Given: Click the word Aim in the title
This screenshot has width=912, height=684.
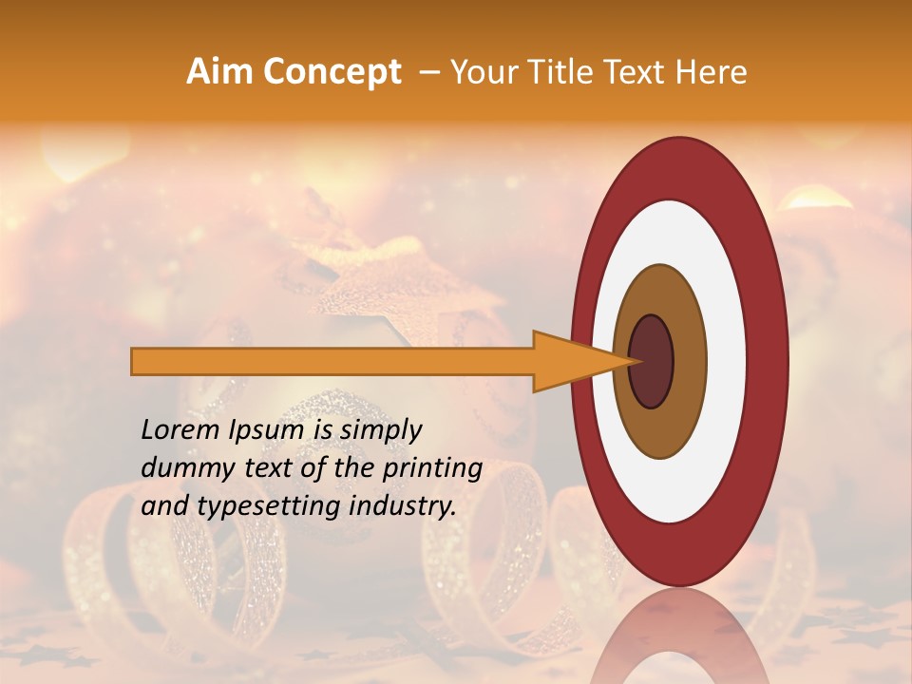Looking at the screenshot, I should click(x=220, y=72).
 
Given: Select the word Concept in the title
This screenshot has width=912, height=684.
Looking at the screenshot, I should click(x=332, y=72).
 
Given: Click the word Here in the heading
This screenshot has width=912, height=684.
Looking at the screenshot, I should click(x=712, y=72).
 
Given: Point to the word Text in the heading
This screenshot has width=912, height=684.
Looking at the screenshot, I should click(x=639, y=72).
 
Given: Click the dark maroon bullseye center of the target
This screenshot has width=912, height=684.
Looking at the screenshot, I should click(x=651, y=362).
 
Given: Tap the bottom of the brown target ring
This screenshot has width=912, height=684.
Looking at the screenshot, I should click(x=659, y=447).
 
